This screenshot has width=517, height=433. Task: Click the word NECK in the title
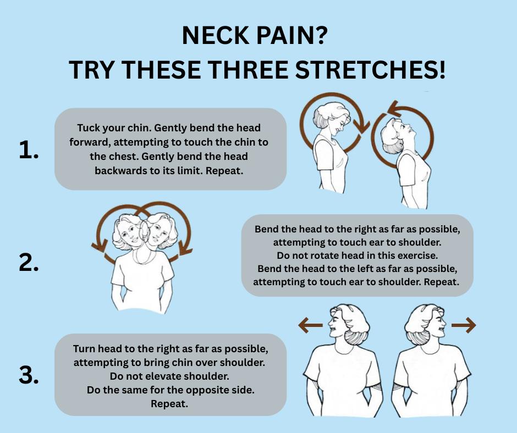(215, 35)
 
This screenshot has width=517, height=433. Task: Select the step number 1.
(29, 149)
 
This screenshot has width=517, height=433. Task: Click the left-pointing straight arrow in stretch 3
(310, 325)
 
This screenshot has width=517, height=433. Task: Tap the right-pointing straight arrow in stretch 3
(464, 325)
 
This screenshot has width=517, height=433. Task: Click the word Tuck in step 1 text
(87, 128)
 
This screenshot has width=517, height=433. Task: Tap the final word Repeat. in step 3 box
(169, 404)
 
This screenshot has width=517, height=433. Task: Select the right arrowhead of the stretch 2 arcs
(186, 247)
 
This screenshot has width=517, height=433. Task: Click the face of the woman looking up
(406, 130)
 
